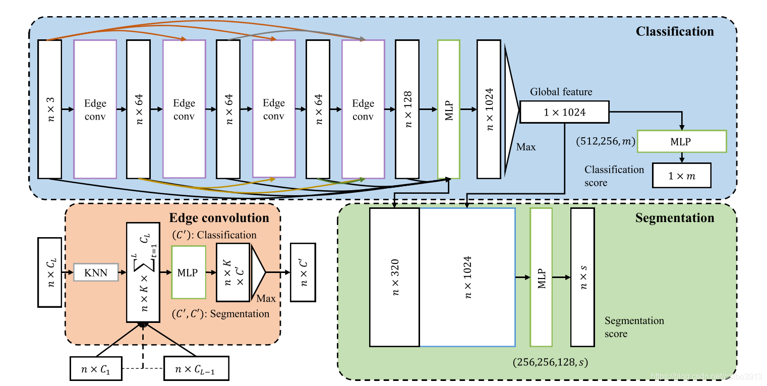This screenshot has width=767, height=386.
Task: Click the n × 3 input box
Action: (49, 109)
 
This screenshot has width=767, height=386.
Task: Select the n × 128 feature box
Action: (407, 109)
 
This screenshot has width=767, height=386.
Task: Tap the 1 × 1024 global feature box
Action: (564, 112)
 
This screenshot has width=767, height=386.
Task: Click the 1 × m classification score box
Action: (681, 176)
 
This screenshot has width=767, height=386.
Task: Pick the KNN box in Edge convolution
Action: (96, 272)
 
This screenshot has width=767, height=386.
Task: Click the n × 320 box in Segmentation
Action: (394, 277)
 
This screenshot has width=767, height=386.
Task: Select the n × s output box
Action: (582, 277)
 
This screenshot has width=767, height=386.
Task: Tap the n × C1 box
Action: (95, 368)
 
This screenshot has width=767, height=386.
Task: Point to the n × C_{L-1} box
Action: (196, 368)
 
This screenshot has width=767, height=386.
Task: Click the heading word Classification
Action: (674, 31)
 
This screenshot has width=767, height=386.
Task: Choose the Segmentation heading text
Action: (674, 218)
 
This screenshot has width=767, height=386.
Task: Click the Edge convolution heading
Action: (219, 218)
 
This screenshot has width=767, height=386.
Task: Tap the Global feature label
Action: (561, 92)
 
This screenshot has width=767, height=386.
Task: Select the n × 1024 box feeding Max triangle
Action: (489, 109)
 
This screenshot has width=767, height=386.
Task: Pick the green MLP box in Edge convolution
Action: (189, 272)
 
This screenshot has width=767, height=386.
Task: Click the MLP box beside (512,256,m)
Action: (681, 141)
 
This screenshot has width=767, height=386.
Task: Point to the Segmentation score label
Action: (634, 327)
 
